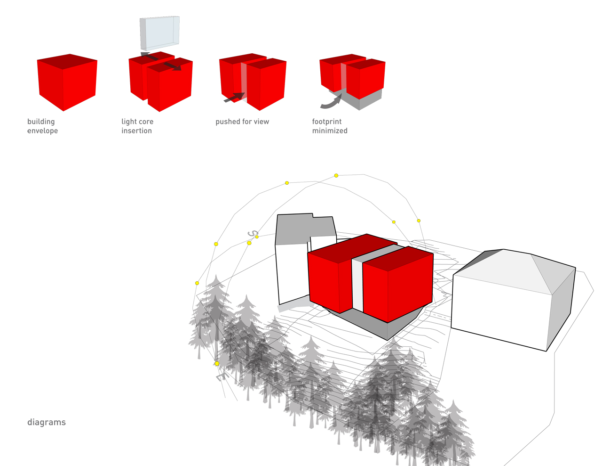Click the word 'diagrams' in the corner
click(47, 422)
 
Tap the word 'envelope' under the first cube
click(42, 131)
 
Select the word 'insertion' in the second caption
click(136, 131)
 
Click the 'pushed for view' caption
click(242, 122)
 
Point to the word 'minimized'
click(330, 131)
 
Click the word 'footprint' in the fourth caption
click(326, 122)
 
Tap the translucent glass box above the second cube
click(159, 33)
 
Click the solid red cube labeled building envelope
click(67, 82)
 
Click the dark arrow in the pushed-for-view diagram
click(234, 98)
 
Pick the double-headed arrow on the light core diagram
click(161, 61)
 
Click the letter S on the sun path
click(253, 233)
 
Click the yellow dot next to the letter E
click(217, 364)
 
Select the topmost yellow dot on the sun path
click(336, 175)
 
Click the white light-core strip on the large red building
click(357, 285)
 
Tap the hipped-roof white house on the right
click(513, 300)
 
